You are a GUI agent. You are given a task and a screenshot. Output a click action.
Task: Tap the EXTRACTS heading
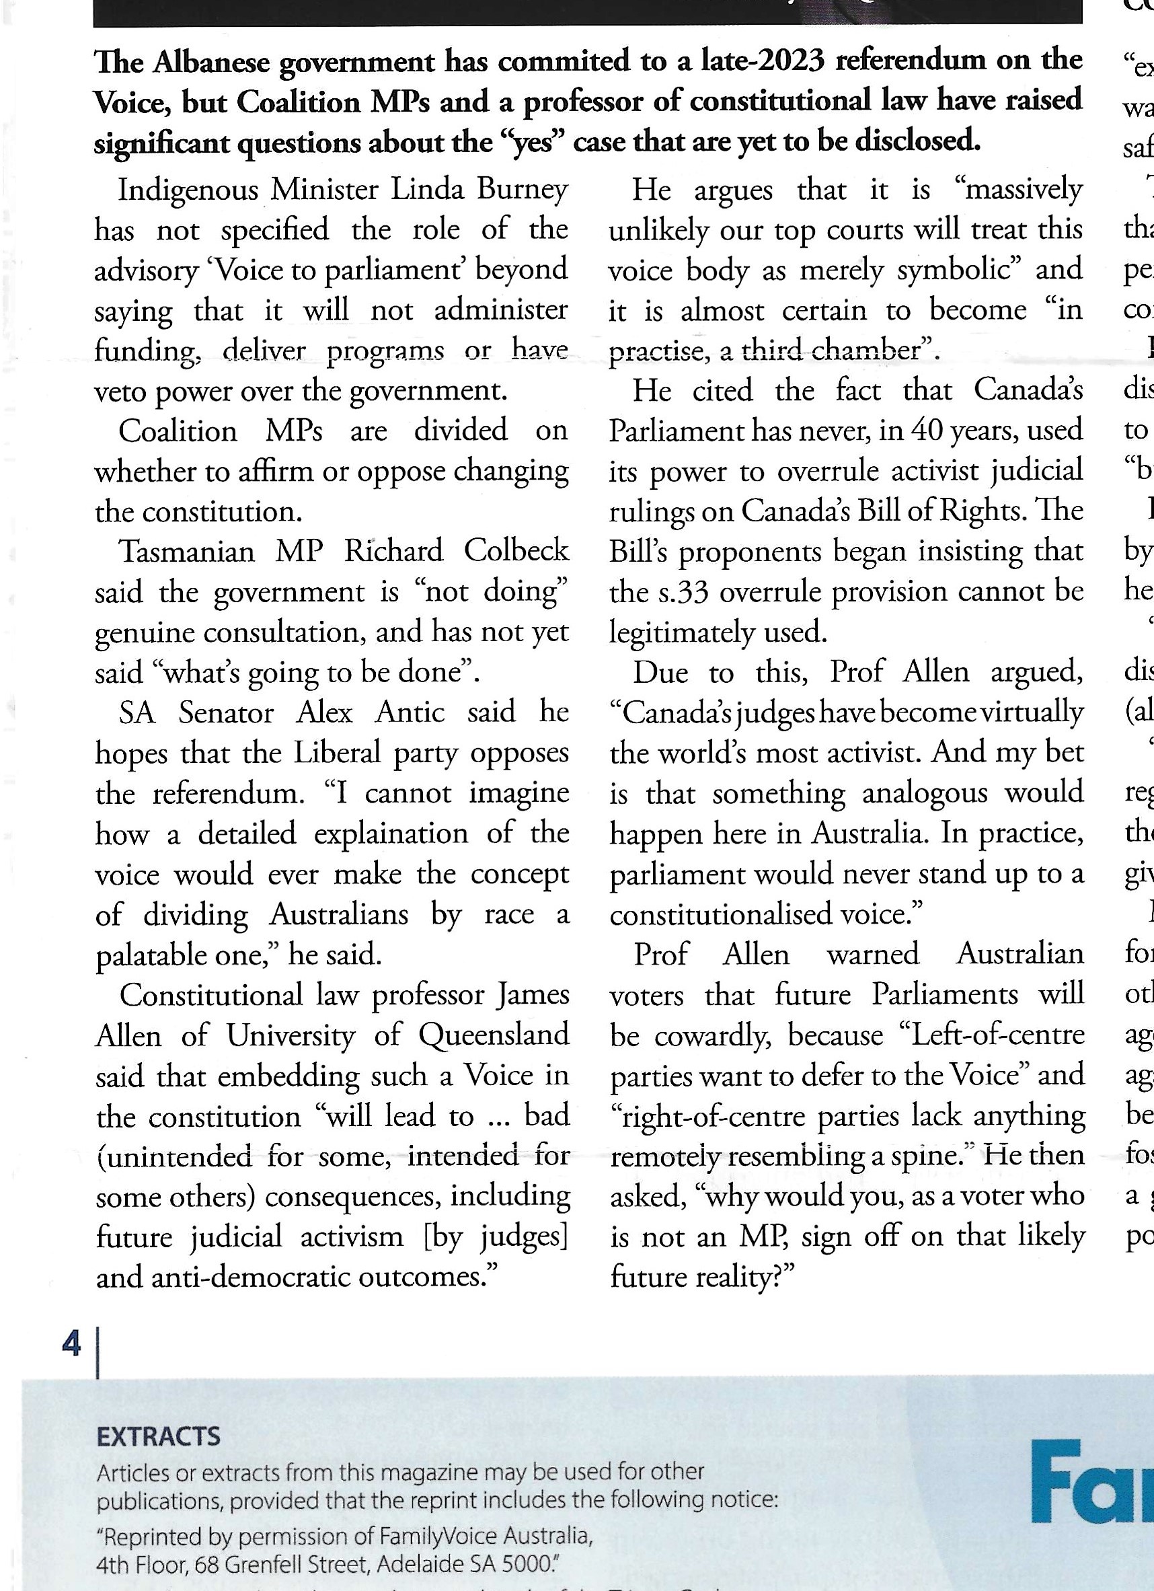click(x=159, y=1438)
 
